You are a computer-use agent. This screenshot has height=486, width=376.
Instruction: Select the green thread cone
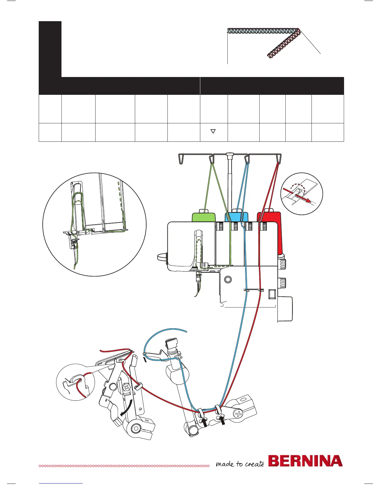pyautogui.click(x=203, y=216)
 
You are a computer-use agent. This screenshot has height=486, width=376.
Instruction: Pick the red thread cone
pyautogui.click(x=270, y=216)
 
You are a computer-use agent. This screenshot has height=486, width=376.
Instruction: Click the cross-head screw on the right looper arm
pyautogui.click(x=239, y=414)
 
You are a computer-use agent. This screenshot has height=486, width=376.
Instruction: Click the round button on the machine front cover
pyautogui.click(x=228, y=280)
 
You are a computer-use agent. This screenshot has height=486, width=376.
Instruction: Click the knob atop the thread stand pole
pyautogui.click(x=229, y=154)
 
